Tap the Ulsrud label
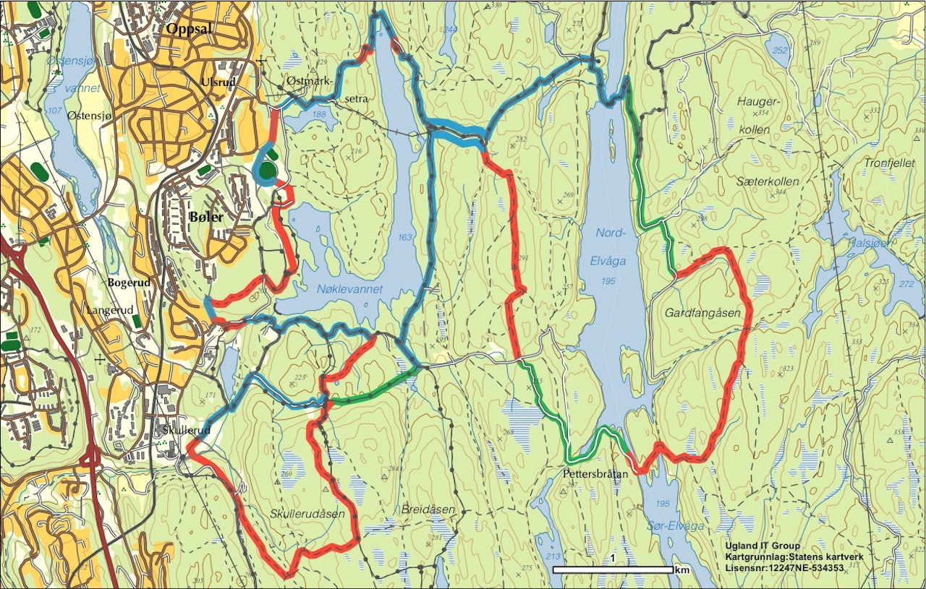pos(219,82)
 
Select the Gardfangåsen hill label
pos(701,312)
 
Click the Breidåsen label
pos(428,510)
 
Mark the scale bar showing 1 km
pos(613,569)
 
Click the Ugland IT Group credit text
pos(763,546)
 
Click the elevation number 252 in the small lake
pos(779,51)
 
